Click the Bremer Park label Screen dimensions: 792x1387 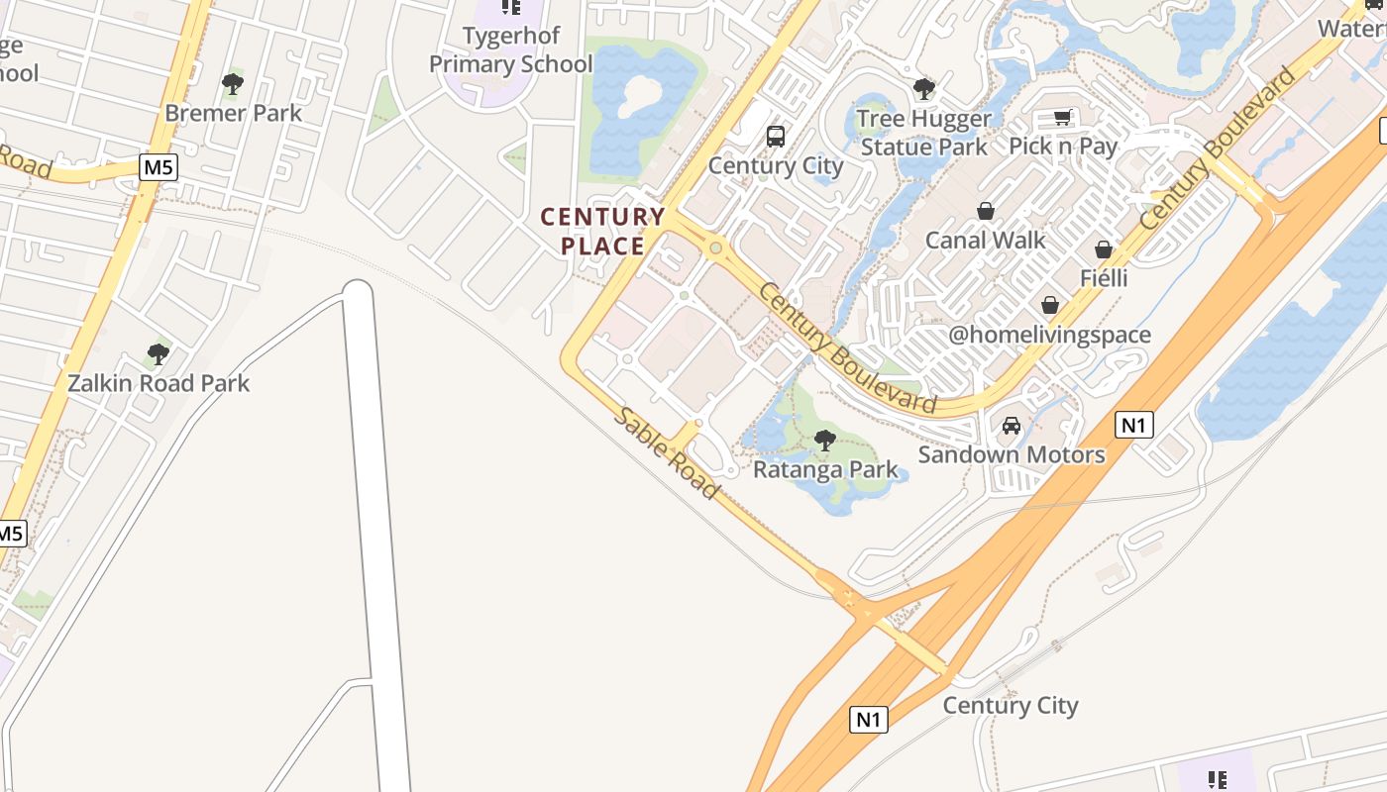(233, 113)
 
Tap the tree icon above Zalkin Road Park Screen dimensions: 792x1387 (158, 353)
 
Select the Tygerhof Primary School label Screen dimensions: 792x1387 (510, 49)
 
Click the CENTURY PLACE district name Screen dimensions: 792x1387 (602, 231)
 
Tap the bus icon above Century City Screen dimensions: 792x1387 (775, 137)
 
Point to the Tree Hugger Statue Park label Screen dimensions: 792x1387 (923, 133)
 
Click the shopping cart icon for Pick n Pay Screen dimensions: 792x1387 (1062, 118)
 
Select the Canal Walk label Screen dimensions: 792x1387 (985, 240)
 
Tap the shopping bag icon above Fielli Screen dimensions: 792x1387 (1104, 248)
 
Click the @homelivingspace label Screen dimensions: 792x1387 (1049, 335)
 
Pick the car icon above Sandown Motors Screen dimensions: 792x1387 (1011, 426)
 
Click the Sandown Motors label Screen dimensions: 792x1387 (1011, 454)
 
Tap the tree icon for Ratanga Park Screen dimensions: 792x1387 (824, 440)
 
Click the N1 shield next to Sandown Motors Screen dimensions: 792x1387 (1134, 425)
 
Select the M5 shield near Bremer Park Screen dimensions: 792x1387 (159, 167)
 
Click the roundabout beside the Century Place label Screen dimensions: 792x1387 (715, 247)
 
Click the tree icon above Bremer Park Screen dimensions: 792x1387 (233, 83)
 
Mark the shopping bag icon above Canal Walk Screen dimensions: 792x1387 (985, 211)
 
